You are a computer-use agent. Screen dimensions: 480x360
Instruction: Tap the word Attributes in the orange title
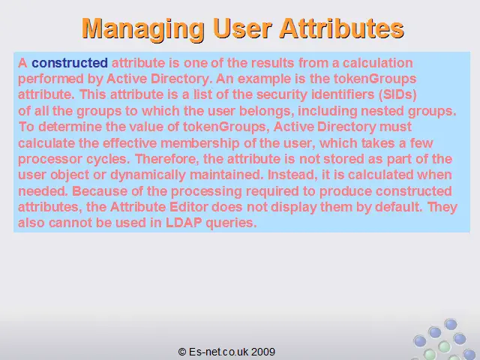pos(342,28)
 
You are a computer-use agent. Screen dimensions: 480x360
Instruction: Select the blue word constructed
pos(70,63)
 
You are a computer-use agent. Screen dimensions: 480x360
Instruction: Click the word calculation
pos(378,63)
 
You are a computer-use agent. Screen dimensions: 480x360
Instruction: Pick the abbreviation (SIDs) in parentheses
pos(397,94)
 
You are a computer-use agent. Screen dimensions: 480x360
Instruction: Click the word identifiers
pos(343,94)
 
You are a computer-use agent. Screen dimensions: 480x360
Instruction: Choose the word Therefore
pos(167,159)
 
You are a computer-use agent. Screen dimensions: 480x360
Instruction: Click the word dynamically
pos(148,175)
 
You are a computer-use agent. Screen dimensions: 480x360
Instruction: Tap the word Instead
pos(291,175)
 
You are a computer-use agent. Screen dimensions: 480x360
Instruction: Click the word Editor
pos(189,207)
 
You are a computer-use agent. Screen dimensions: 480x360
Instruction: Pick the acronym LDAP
pos(184,223)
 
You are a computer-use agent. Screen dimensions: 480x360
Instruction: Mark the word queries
pos(231,223)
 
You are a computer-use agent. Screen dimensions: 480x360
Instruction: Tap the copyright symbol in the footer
pos(182,352)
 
